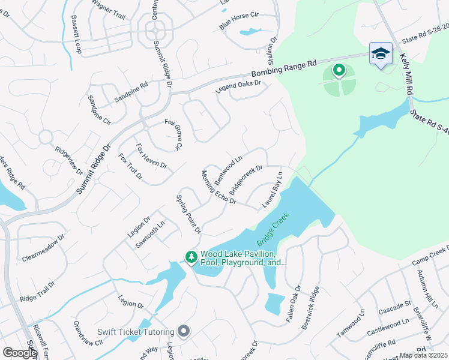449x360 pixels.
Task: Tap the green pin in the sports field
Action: pos(339,71)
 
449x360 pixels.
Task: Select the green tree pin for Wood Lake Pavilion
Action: pos(191,257)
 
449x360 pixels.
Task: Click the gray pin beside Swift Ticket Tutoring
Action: pos(184,331)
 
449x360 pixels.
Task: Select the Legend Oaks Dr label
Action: pos(238,87)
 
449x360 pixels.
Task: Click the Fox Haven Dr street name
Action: pos(151,155)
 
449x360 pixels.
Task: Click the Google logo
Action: pos(20,352)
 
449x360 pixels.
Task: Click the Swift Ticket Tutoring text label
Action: pos(136,332)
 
